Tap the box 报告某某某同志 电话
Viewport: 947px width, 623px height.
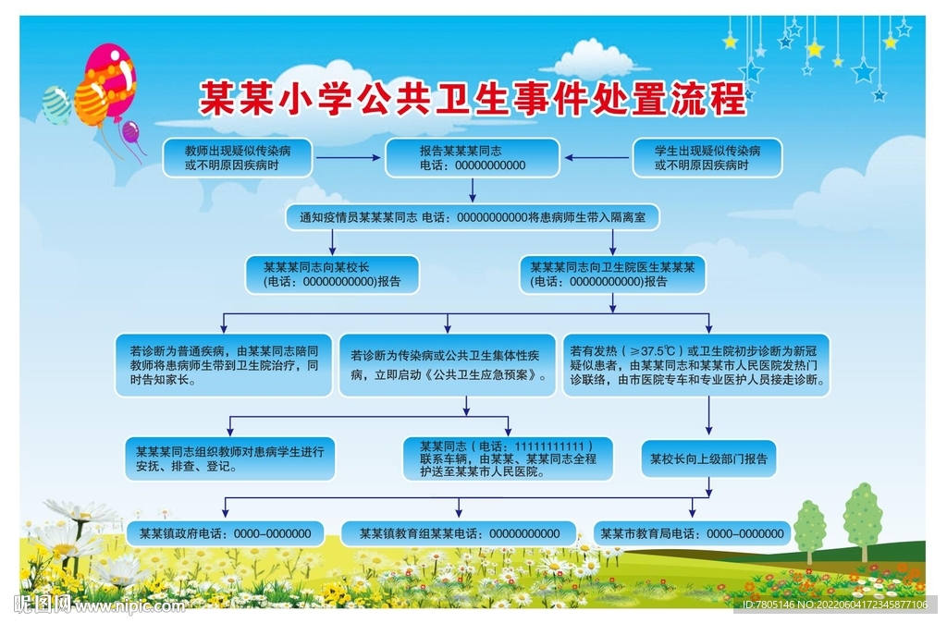(x=472, y=158)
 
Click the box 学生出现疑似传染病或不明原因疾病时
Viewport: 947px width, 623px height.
(x=707, y=158)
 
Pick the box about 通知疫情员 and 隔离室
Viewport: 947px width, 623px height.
(x=473, y=217)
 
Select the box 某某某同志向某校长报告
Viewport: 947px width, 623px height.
(x=331, y=275)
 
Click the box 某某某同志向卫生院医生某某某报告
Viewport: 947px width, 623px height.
(x=612, y=275)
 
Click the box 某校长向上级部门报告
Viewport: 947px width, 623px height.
(x=708, y=458)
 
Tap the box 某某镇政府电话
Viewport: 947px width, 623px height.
(x=225, y=533)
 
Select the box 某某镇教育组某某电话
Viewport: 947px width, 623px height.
(x=459, y=533)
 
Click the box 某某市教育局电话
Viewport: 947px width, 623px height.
(x=692, y=533)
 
